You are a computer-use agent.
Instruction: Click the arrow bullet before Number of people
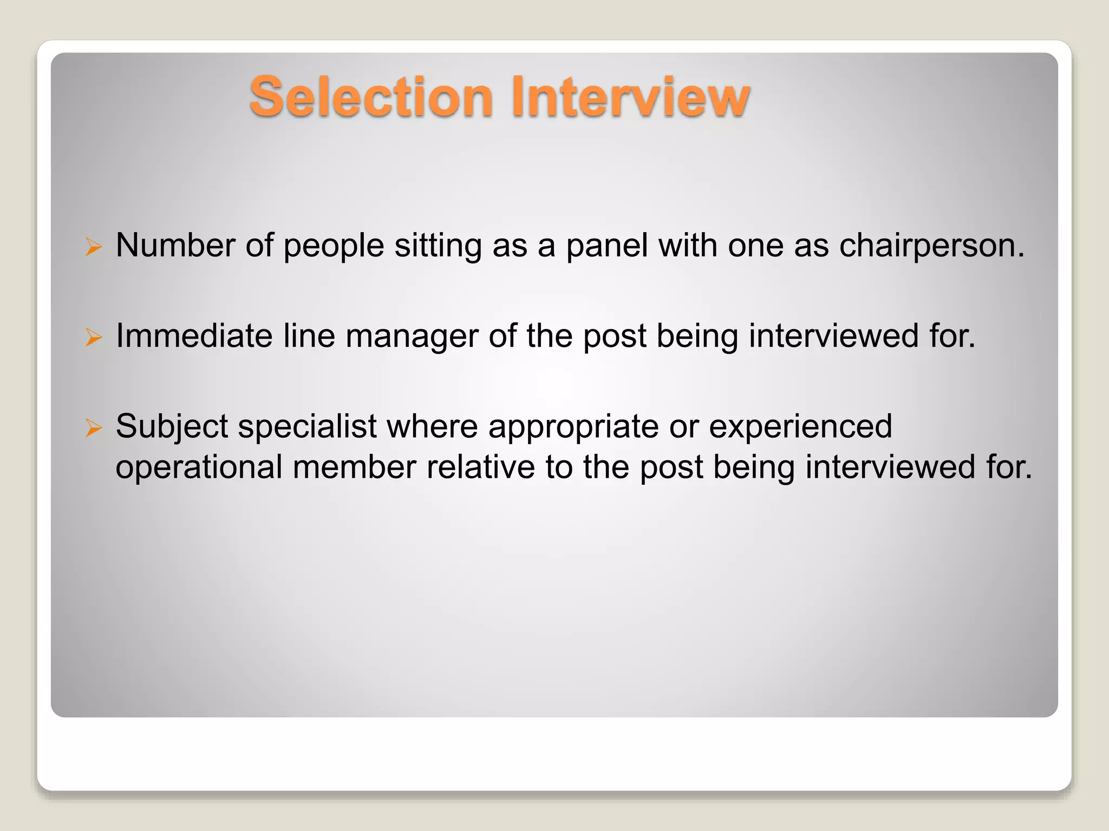pyautogui.click(x=94, y=248)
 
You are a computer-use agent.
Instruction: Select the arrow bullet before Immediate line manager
pyautogui.click(x=94, y=338)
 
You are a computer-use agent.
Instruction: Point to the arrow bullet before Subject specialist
pyautogui.click(x=94, y=428)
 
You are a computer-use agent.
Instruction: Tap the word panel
pyautogui.click(x=606, y=246)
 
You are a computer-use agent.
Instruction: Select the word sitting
pyautogui.click(x=438, y=246)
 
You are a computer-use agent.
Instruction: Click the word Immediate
pyautogui.click(x=194, y=336)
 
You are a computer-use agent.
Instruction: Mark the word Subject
pyautogui.click(x=172, y=426)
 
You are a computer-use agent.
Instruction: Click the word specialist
pyautogui.click(x=307, y=426)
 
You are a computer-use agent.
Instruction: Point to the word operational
pyautogui.click(x=199, y=467)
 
